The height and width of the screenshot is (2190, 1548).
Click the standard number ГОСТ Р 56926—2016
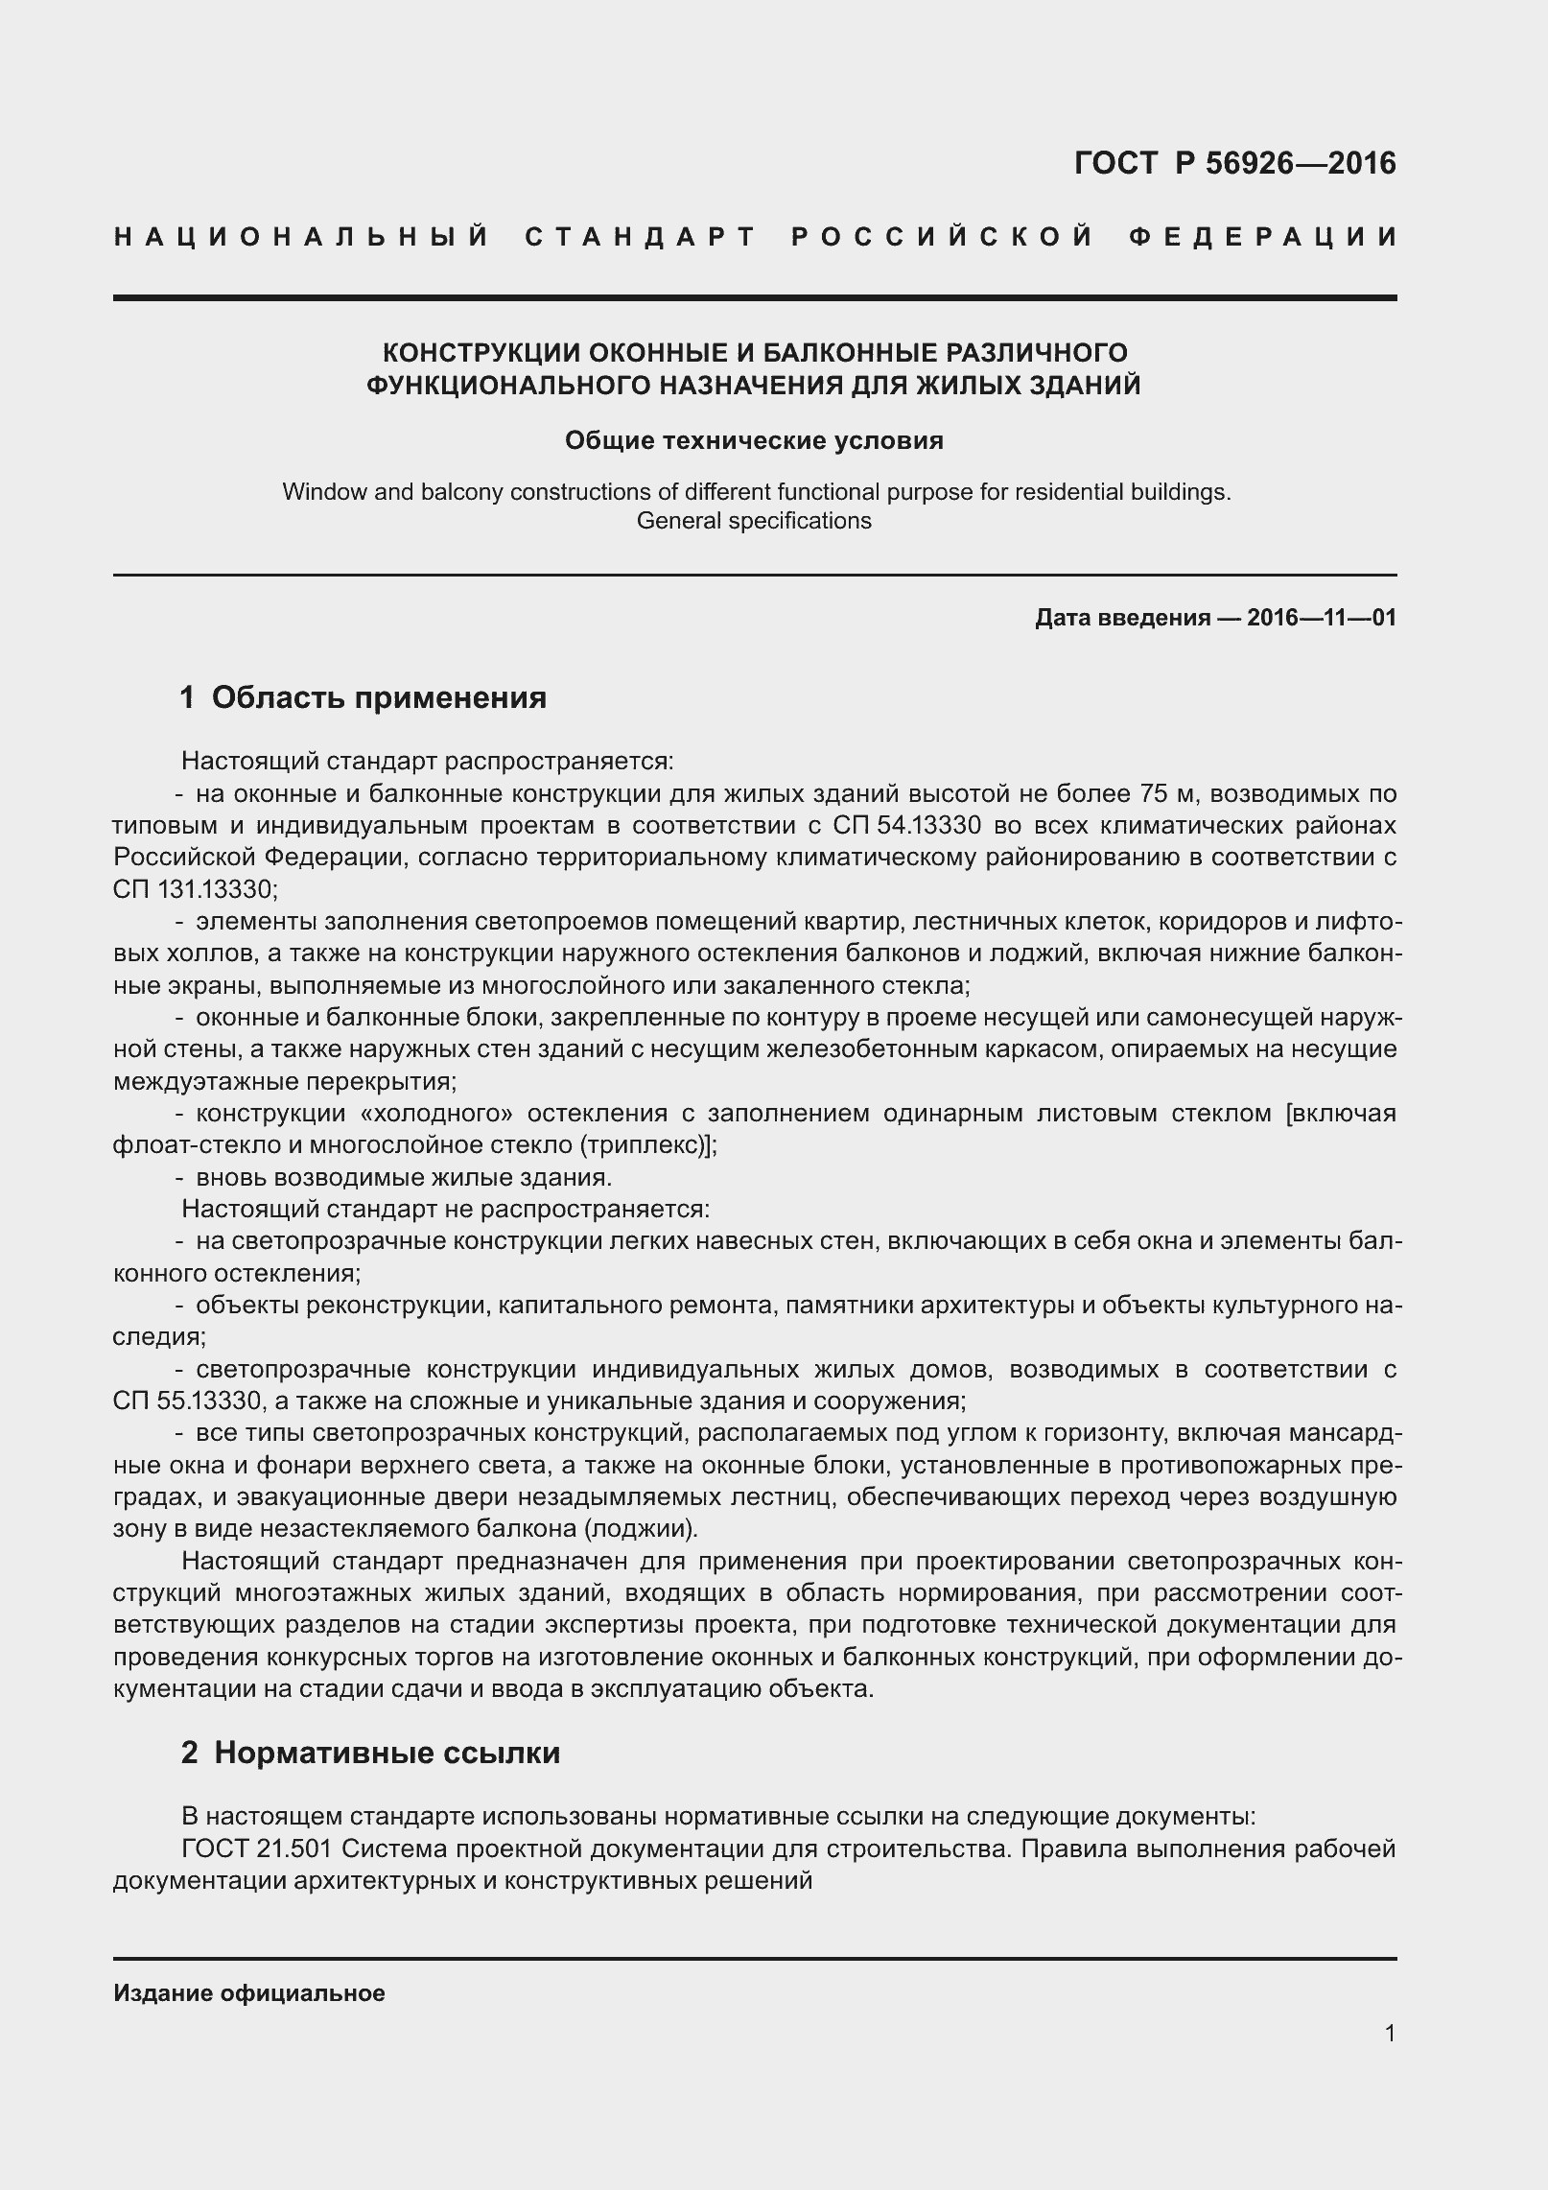(x=1234, y=164)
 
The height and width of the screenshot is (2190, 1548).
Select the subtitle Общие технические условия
(x=754, y=440)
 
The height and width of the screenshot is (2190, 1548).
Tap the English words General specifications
(x=754, y=521)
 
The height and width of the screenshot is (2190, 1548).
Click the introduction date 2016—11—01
(x=1321, y=618)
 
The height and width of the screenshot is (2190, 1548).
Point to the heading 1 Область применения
(x=363, y=697)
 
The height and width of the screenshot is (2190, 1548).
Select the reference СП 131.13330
(x=194, y=889)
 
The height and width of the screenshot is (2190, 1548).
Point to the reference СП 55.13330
(x=187, y=1401)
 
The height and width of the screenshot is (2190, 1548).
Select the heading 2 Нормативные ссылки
(x=370, y=1753)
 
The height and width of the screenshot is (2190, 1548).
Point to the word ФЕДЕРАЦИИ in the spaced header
(x=1263, y=237)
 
